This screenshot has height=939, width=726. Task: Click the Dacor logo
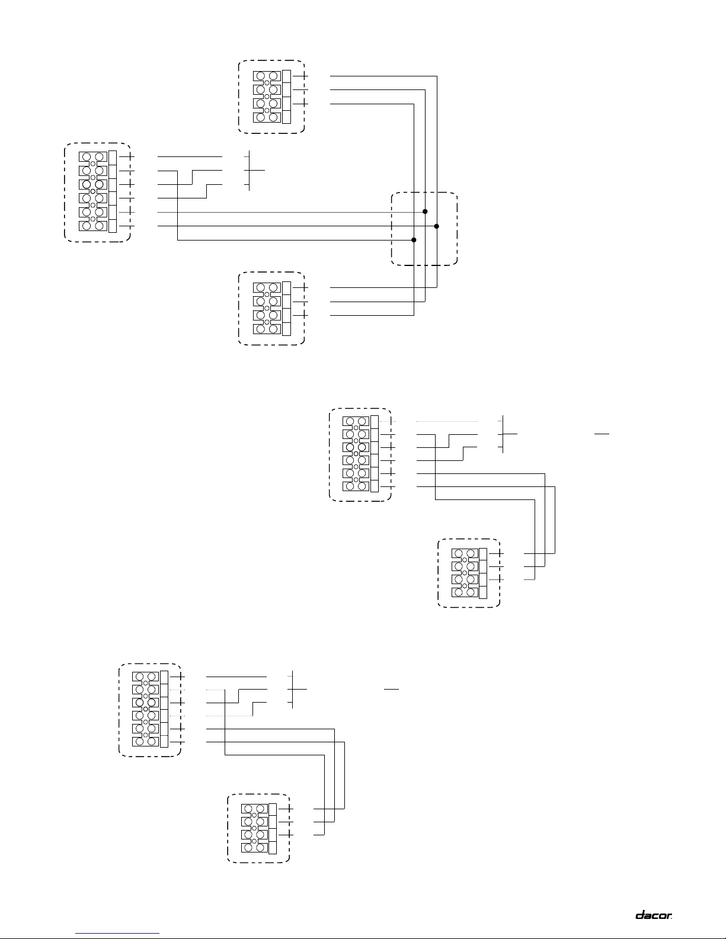click(653, 915)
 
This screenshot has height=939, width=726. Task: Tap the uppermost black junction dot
click(426, 211)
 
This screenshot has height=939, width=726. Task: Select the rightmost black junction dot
click(436, 226)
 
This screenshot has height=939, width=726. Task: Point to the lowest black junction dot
click(414, 240)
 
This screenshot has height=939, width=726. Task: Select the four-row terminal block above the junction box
click(272, 97)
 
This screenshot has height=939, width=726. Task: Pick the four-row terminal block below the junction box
click(272, 309)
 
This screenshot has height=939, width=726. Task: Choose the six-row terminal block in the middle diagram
click(360, 454)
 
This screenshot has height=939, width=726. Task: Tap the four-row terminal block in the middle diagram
click(469, 572)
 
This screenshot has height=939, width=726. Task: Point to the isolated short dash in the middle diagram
click(602, 434)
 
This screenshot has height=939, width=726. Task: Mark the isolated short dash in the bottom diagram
click(392, 689)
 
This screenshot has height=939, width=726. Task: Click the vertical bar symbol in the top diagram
click(250, 171)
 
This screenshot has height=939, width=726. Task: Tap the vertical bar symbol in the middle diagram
click(503, 434)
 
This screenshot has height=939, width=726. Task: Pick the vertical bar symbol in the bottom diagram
click(293, 689)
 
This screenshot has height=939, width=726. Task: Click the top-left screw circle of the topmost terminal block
click(261, 76)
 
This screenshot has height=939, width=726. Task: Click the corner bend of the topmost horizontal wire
click(437, 76)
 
